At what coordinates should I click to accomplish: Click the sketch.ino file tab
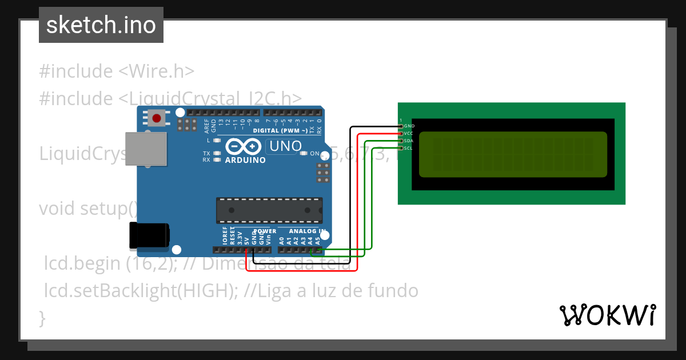(101, 25)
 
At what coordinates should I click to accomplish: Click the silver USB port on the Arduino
(145, 151)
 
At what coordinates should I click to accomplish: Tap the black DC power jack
(149, 236)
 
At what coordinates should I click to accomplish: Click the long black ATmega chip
(269, 210)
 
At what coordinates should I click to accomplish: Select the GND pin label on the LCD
(409, 126)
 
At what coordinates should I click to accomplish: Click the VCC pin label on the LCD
(409, 134)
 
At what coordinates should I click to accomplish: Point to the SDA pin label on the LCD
(409, 141)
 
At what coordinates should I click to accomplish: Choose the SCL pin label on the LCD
(409, 149)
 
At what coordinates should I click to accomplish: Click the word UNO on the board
(285, 146)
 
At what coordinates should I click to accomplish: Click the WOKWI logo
(607, 315)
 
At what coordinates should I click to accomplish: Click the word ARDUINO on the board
(245, 161)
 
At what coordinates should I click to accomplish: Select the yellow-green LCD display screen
(513, 154)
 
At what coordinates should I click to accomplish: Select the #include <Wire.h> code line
(117, 71)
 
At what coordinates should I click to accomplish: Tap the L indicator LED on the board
(217, 140)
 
